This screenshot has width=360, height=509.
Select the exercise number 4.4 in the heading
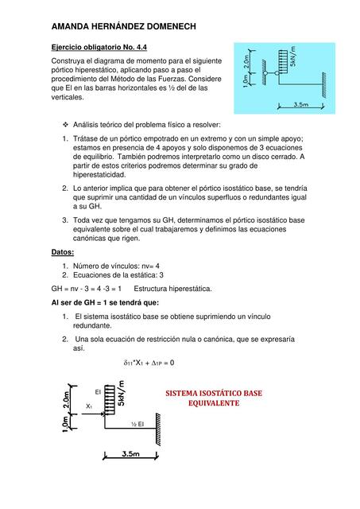(x=137, y=47)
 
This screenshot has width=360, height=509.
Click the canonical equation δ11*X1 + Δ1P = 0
(x=149, y=363)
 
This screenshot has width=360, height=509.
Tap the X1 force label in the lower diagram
(x=89, y=406)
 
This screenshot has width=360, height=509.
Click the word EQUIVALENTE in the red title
(x=213, y=404)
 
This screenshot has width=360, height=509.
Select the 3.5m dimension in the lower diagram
(x=131, y=455)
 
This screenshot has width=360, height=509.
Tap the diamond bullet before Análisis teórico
(x=65, y=126)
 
